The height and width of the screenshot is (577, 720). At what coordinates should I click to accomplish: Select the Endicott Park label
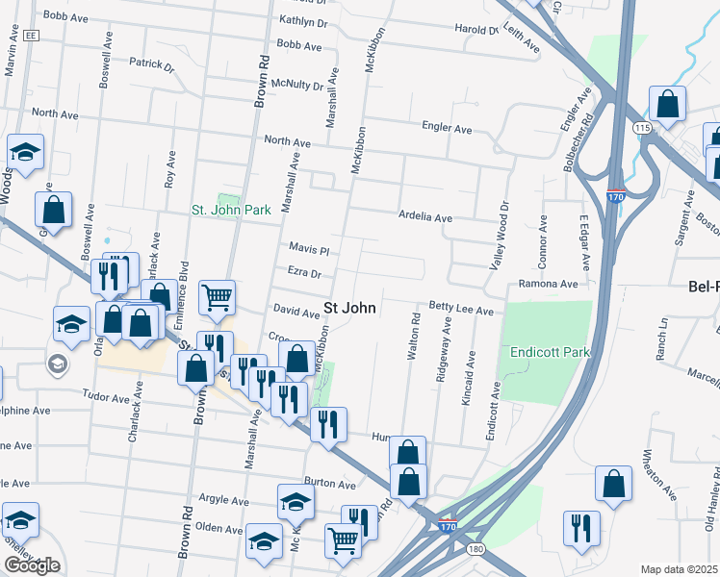550,352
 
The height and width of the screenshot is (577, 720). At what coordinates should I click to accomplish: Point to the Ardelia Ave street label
425,217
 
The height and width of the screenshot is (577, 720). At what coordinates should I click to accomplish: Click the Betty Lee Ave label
461,311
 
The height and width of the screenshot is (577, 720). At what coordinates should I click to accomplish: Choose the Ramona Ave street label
548,284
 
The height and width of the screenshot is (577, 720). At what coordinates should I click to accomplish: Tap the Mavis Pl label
310,249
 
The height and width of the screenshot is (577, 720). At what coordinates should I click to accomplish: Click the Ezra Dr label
304,273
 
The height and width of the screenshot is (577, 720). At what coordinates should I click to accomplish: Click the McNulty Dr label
298,84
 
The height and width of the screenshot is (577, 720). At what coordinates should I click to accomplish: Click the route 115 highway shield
642,128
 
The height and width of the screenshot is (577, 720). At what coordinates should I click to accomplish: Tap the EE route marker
32,35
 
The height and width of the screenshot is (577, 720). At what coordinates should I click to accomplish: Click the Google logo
31,565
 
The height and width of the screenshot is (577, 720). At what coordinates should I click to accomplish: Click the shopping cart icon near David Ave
218,297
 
